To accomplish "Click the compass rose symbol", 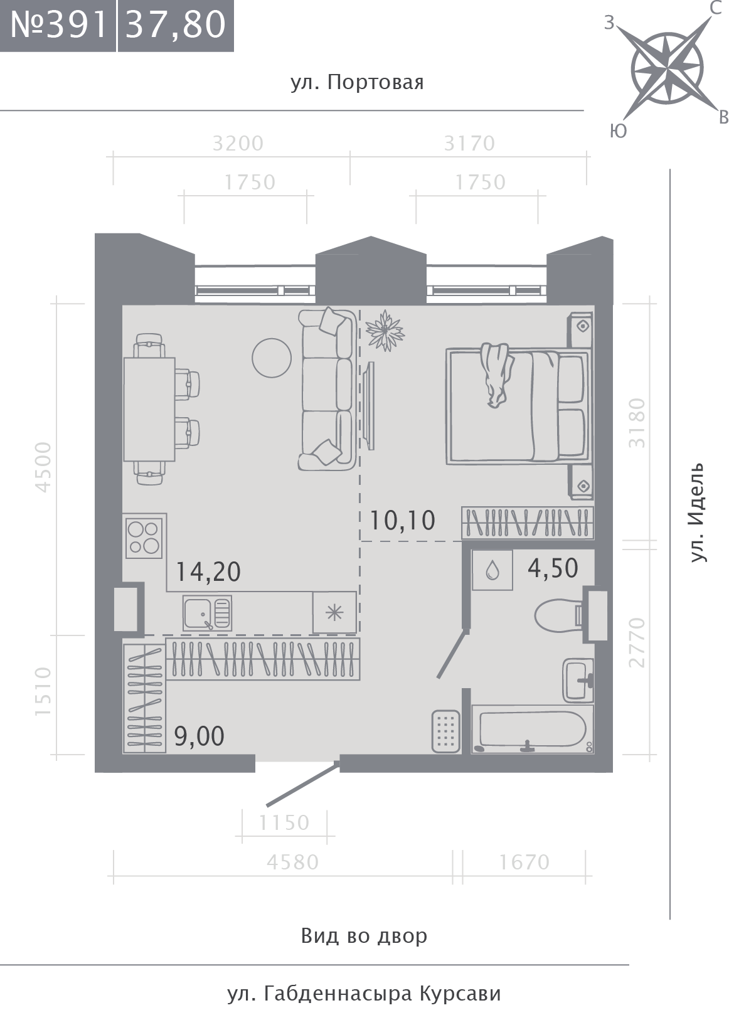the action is pyautogui.click(x=666, y=70).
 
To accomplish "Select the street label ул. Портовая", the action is pyautogui.click(x=358, y=83).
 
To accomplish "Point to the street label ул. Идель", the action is pyautogui.click(x=698, y=512).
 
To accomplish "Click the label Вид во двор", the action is pyautogui.click(x=364, y=936).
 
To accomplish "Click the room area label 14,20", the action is pyautogui.click(x=208, y=572).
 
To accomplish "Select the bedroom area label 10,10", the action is pyautogui.click(x=402, y=521).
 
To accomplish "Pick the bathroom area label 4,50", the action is pyautogui.click(x=553, y=568).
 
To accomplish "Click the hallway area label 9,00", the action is pyautogui.click(x=200, y=736).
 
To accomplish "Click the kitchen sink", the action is pyautogui.click(x=207, y=613).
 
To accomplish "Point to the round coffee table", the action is pyautogui.click(x=272, y=358).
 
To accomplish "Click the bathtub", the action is pyautogui.click(x=533, y=731).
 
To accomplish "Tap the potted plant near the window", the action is pyautogui.click(x=385, y=331).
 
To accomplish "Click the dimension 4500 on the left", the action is pyautogui.click(x=43, y=467).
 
